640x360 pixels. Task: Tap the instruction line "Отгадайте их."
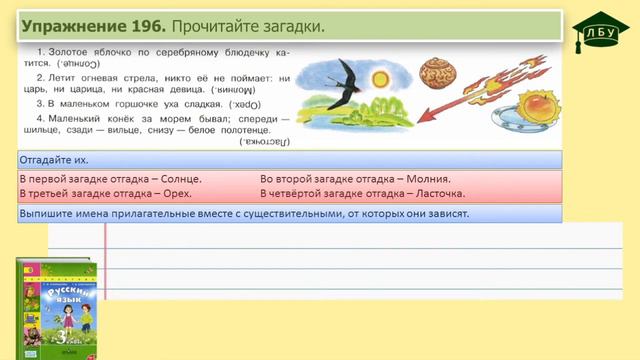(57, 159)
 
